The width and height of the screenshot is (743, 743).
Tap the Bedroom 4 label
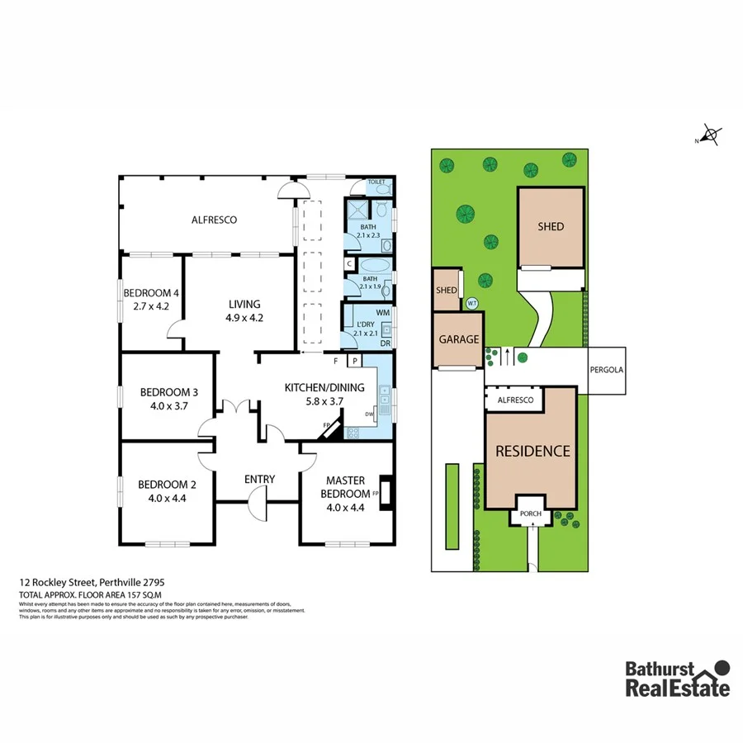point(151,293)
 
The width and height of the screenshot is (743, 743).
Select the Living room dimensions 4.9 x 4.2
point(244,318)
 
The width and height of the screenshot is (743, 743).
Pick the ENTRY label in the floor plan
point(259,480)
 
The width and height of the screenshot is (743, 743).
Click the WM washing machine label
point(382,313)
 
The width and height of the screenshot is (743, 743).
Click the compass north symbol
point(710,134)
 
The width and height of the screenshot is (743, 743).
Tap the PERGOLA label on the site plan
point(606,370)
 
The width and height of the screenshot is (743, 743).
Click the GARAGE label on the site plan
point(458,339)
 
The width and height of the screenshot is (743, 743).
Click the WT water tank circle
point(472,303)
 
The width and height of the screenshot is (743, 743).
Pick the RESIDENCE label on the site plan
point(532,451)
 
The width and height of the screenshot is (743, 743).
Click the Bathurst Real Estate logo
point(677,679)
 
